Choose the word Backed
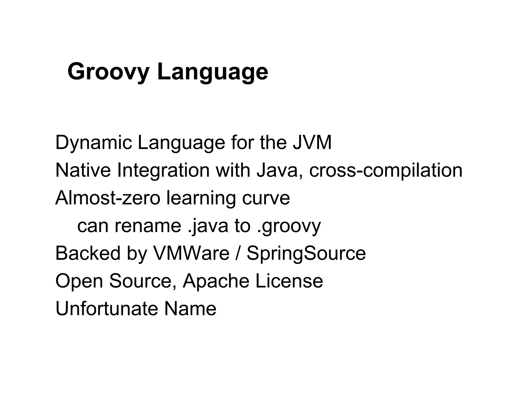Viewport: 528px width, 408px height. tap(88, 253)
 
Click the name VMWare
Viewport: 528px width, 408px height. tap(191, 253)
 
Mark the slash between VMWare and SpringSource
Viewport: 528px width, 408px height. tap(238, 253)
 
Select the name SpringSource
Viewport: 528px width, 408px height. tap(306, 253)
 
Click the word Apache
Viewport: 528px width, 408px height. tap(216, 281)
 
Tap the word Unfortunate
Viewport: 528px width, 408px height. tap(107, 308)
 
